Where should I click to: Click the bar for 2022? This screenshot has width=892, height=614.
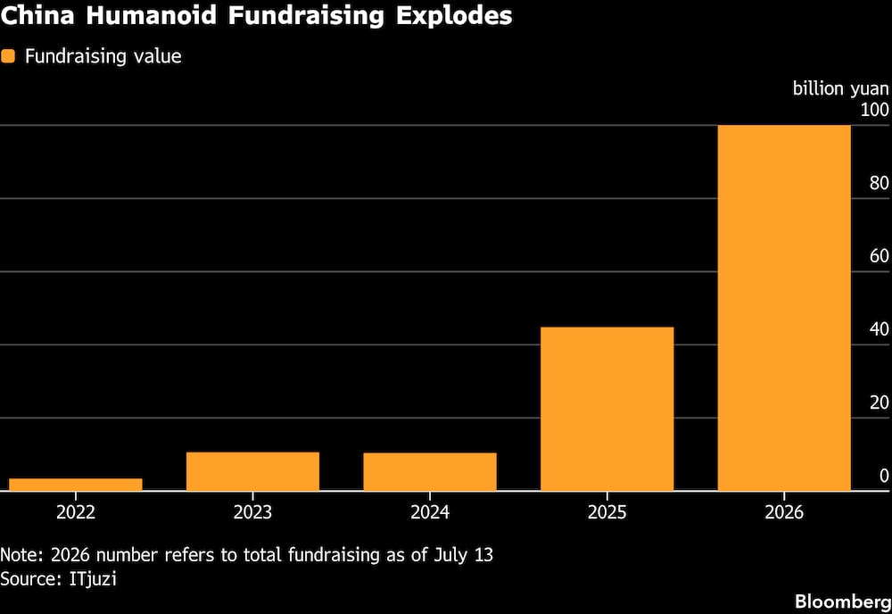pos(76,485)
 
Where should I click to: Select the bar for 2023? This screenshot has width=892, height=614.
pos(252,471)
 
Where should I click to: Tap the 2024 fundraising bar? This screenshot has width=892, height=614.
pos(430,472)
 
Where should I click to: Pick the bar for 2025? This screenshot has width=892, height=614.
pos(607,409)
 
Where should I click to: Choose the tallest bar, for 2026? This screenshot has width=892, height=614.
pos(784,308)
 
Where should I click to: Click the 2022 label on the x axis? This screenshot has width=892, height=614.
pos(76,512)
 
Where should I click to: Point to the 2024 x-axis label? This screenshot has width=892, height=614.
pos(430,512)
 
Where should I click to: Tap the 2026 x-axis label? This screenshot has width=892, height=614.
pos(784,512)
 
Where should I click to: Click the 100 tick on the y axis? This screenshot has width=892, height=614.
pos(874,110)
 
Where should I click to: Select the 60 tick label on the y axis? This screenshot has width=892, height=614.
pos(879,256)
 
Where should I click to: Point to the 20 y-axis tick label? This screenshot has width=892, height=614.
pos(879,402)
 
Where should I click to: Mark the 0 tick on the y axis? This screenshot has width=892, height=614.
pos(884,476)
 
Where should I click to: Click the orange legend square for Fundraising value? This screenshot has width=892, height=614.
pos(8,55)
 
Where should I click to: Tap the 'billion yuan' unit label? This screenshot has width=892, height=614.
pos(841,88)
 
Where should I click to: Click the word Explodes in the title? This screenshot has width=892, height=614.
pos(454,15)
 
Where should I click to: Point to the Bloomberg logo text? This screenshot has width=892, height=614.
pos(843,602)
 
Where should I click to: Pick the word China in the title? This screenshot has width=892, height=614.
pos(38,15)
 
